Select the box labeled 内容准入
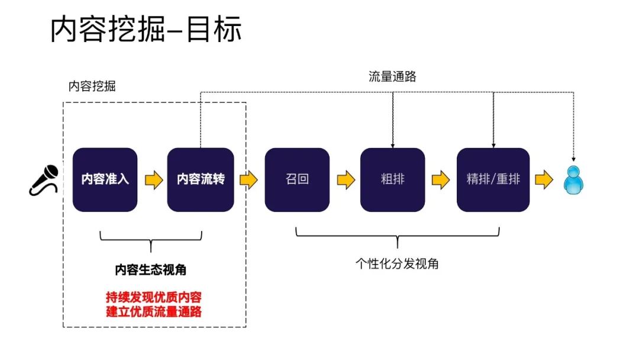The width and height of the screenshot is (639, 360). tap(105, 179)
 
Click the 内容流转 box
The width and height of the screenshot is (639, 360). tap(201, 179)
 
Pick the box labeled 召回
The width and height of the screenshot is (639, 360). tap(297, 179)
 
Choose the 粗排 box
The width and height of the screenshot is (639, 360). tap(392, 179)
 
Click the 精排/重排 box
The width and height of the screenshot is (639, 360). tap(493, 179)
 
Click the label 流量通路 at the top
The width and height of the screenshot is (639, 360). tap(392, 76)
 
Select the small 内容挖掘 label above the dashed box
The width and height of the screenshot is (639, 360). tap(92, 86)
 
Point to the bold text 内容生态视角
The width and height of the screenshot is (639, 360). tap(151, 270)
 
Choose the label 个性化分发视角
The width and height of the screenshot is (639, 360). tap(397, 264)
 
